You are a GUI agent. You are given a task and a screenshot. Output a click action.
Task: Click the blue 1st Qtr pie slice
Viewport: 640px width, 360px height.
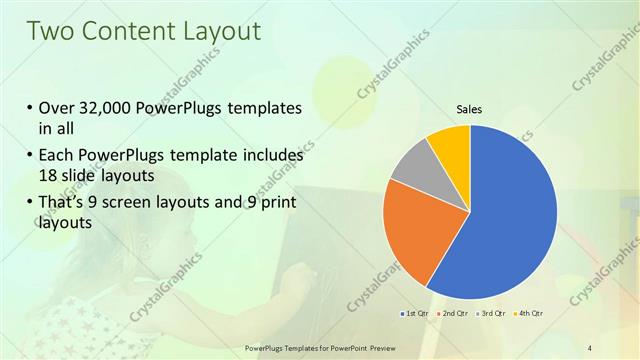[x=510, y=220]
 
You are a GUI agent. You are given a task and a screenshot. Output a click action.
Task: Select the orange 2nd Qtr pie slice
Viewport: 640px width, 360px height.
[x=413, y=228]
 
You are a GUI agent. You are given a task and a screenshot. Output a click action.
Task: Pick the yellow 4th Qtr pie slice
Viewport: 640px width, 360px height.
[x=450, y=144]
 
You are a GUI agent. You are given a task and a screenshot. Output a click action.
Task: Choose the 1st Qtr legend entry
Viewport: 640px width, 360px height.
[x=414, y=314]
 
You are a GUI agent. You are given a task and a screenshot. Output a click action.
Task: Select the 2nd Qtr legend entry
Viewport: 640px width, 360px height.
[x=453, y=314]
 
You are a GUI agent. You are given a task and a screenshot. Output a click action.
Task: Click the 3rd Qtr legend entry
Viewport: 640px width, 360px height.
[x=490, y=314]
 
